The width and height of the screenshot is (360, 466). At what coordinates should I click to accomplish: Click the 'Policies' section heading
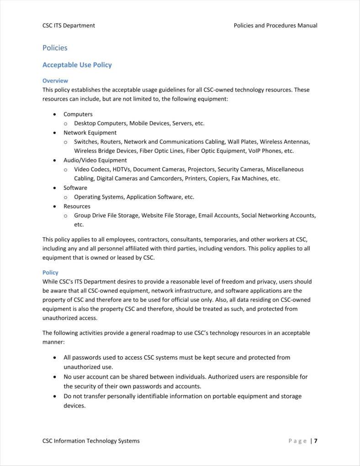pyautogui.click(x=55, y=48)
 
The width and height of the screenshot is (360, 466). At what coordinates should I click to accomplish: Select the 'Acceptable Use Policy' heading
pyautogui.click(x=77, y=65)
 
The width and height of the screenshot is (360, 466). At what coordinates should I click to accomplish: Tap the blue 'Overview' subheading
pyautogui.click(x=55, y=80)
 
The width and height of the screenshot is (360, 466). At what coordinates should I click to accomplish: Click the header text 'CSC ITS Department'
pyautogui.click(x=69, y=26)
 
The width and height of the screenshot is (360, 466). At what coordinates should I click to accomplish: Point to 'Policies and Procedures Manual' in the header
pyautogui.click(x=275, y=26)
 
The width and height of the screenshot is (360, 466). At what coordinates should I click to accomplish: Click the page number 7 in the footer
pyautogui.click(x=316, y=441)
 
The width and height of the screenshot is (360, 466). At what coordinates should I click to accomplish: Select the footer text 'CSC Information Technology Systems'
pyautogui.click(x=91, y=441)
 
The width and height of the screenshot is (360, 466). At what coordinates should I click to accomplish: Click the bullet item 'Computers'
pyautogui.click(x=78, y=114)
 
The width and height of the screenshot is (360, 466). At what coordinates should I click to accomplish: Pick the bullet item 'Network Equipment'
pyautogui.click(x=90, y=133)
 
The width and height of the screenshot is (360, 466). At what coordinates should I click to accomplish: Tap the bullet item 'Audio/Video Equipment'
pyautogui.click(x=95, y=160)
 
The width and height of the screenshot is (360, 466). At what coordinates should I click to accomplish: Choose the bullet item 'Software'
pyautogui.click(x=75, y=187)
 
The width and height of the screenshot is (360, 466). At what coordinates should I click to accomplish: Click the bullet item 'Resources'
pyautogui.click(x=77, y=206)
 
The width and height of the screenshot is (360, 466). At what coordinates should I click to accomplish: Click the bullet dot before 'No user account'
pyautogui.click(x=55, y=377)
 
